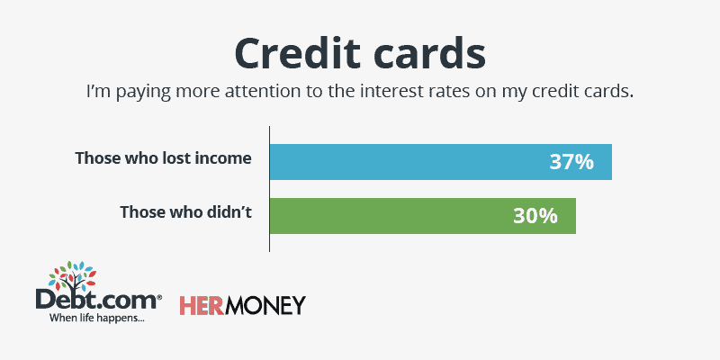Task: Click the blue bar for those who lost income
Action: [441, 162]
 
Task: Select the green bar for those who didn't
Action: [422, 216]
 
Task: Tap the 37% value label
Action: [571, 163]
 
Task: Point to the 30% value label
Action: [535, 216]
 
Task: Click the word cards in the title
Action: [429, 53]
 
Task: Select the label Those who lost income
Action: [164, 158]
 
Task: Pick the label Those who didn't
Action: [186, 212]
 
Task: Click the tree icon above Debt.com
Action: [72, 277]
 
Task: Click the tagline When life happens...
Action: [96, 318]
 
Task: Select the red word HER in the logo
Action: [201, 305]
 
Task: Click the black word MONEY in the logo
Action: [265, 305]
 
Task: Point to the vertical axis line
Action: [269, 189]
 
